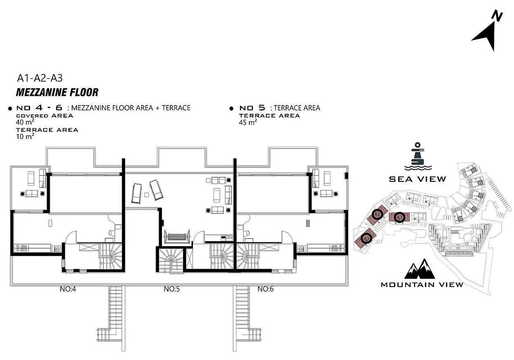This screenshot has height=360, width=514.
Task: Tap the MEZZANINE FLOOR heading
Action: (57, 93)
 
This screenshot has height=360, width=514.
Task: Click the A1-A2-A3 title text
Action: (40, 78)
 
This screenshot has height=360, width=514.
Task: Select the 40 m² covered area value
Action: (25, 122)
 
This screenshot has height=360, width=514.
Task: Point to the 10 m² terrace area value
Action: (25, 136)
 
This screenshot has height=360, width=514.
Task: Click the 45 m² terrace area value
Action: (248, 122)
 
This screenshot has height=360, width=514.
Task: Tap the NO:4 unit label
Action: (68, 289)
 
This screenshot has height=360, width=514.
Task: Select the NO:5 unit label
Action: (172, 289)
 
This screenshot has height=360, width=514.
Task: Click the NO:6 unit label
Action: (265, 289)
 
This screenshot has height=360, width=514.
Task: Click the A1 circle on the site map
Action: (366, 238)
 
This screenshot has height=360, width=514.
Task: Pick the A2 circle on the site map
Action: (377, 215)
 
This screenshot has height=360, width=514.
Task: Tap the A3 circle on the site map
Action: (399, 217)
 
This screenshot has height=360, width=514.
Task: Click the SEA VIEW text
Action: (418, 179)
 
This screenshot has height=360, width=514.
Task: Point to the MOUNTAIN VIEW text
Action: (422, 284)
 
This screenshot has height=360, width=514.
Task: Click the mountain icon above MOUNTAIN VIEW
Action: (420, 269)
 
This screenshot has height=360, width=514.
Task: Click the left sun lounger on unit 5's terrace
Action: (136, 193)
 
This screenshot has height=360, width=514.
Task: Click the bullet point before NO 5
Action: (232, 108)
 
